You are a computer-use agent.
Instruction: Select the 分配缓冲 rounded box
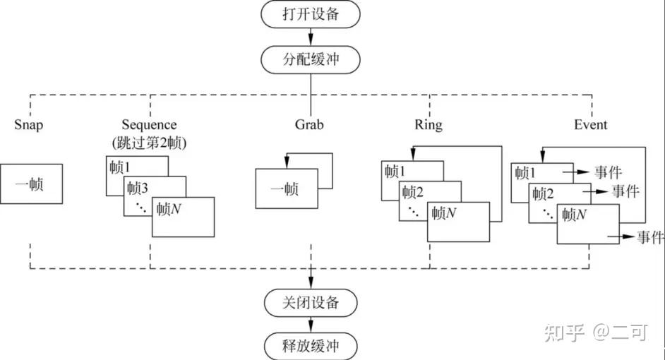(x=311, y=59)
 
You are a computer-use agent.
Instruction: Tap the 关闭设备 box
(x=311, y=303)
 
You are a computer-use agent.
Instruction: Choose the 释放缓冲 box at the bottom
(x=311, y=346)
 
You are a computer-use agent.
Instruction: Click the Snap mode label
(x=29, y=125)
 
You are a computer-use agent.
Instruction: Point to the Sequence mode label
(x=149, y=125)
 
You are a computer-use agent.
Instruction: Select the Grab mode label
(x=308, y=125)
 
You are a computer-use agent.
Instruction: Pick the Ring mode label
(x=429, y=125)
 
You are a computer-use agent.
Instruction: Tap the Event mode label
(x=590, y=125)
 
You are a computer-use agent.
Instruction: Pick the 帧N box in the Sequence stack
(x=183, y=217)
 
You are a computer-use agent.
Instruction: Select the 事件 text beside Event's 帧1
(x=608, y=172)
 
